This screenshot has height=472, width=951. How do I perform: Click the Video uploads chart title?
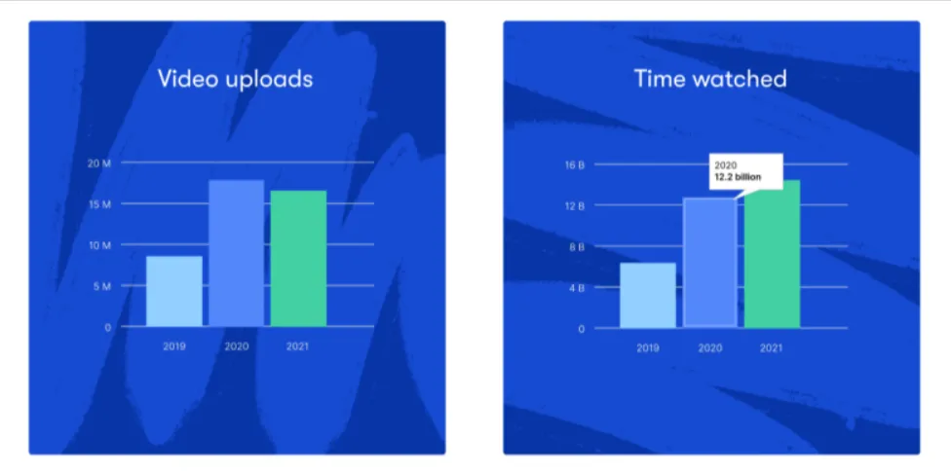[x=236, y=80]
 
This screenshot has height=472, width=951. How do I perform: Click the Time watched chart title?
[x=710, y=79]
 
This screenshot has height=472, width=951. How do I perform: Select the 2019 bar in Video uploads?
[x=174, y=291]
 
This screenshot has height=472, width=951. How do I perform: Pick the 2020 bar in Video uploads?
[x=237, y=253]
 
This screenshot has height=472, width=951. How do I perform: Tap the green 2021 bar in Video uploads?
[x=298, y=259]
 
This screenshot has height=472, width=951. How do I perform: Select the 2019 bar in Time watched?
[x=648, y=296]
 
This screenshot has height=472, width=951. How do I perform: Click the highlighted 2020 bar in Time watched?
[x=710, y=263]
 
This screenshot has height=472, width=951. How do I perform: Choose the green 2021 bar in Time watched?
[x=772, y=254]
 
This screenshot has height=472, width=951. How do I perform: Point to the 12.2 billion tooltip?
[x=746, y=171]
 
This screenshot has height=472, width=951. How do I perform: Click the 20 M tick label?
[x=99, y=163]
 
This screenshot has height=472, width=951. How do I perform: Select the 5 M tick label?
[x=102, y=286]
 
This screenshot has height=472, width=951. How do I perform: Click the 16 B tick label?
[x=574, y=164]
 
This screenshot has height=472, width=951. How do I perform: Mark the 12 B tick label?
[x=574, y=206]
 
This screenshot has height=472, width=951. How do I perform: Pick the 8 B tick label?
[x=576, y=247]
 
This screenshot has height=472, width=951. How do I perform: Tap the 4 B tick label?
[x=576, y=288]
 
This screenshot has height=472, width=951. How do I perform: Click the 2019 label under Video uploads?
[x=174, y=347]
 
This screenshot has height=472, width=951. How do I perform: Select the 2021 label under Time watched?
[x=772, y=348]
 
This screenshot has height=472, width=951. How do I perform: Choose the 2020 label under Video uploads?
[x=237, y=347]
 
